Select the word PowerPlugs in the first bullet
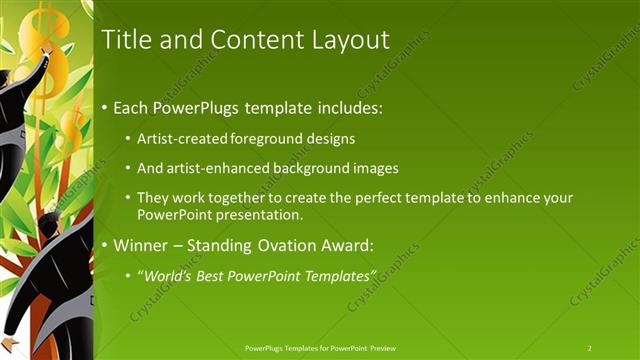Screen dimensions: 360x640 (x=188, y=107)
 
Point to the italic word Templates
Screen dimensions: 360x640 (x=338, y=274)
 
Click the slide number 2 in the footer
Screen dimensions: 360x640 (x=590, y=347)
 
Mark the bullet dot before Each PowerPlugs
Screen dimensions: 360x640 (x=106, y=108)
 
